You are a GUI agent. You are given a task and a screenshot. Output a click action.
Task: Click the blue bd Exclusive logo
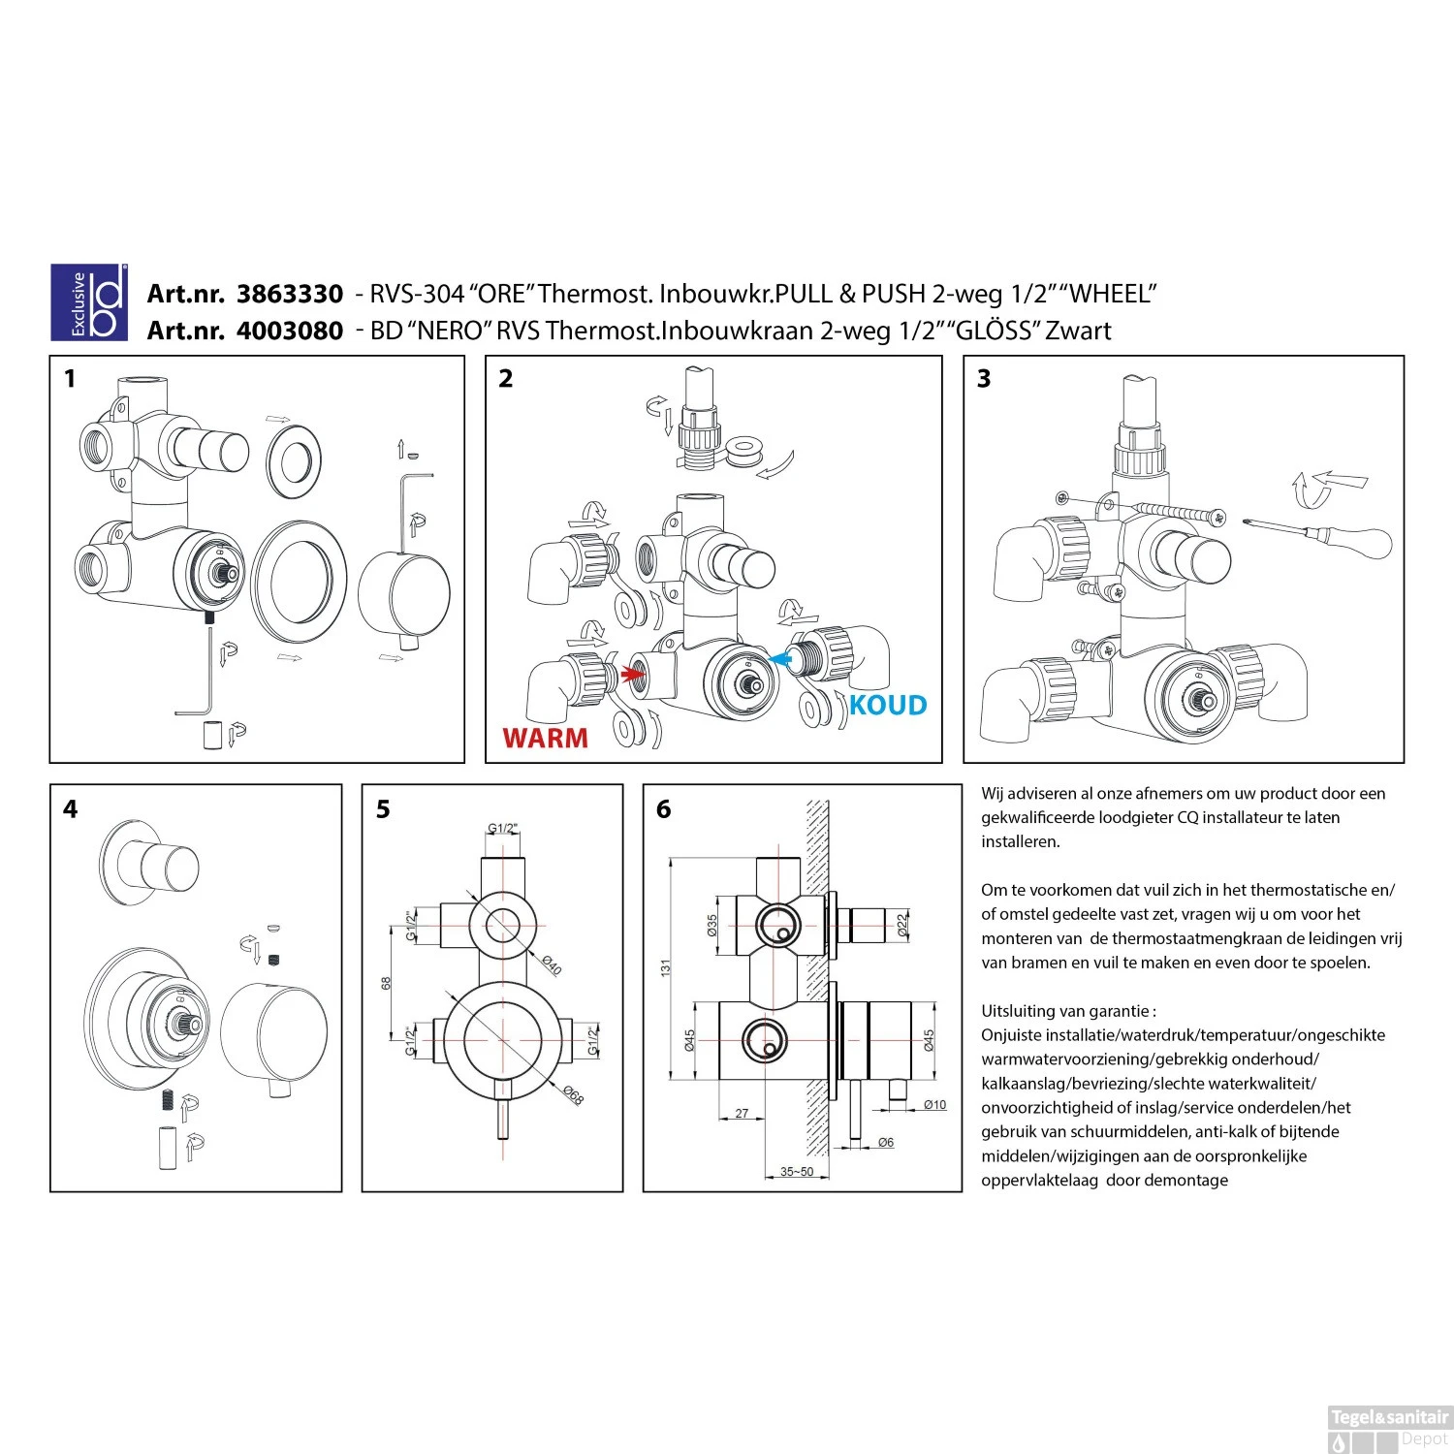coord(89,302)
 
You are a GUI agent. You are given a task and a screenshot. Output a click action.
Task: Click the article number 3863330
coord(290,295)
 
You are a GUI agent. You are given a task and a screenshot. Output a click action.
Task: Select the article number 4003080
coord(290,332)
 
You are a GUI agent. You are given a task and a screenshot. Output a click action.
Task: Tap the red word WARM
coord(545,739)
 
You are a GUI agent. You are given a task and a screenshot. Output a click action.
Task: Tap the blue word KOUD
coord(888,706)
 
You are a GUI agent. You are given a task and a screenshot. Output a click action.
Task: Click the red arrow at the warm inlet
coord(635,674)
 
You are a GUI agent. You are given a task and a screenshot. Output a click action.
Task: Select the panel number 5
coord(383,809)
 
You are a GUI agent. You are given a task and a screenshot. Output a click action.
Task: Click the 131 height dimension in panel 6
coord(666,967)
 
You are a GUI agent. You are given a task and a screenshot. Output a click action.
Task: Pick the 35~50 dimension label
coord(797,1172)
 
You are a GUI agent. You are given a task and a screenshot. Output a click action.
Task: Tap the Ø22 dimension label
coord(903,924)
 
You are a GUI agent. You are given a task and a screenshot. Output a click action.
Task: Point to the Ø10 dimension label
coord(934,1105)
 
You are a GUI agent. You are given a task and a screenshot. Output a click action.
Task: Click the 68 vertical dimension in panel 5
coord(387,983)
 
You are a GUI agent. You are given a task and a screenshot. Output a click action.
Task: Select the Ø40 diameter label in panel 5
coord(552,965)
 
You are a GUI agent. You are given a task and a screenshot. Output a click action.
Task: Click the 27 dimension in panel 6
coord(742,1114)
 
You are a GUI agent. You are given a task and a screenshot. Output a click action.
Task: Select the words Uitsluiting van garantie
coord(1068,1011)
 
